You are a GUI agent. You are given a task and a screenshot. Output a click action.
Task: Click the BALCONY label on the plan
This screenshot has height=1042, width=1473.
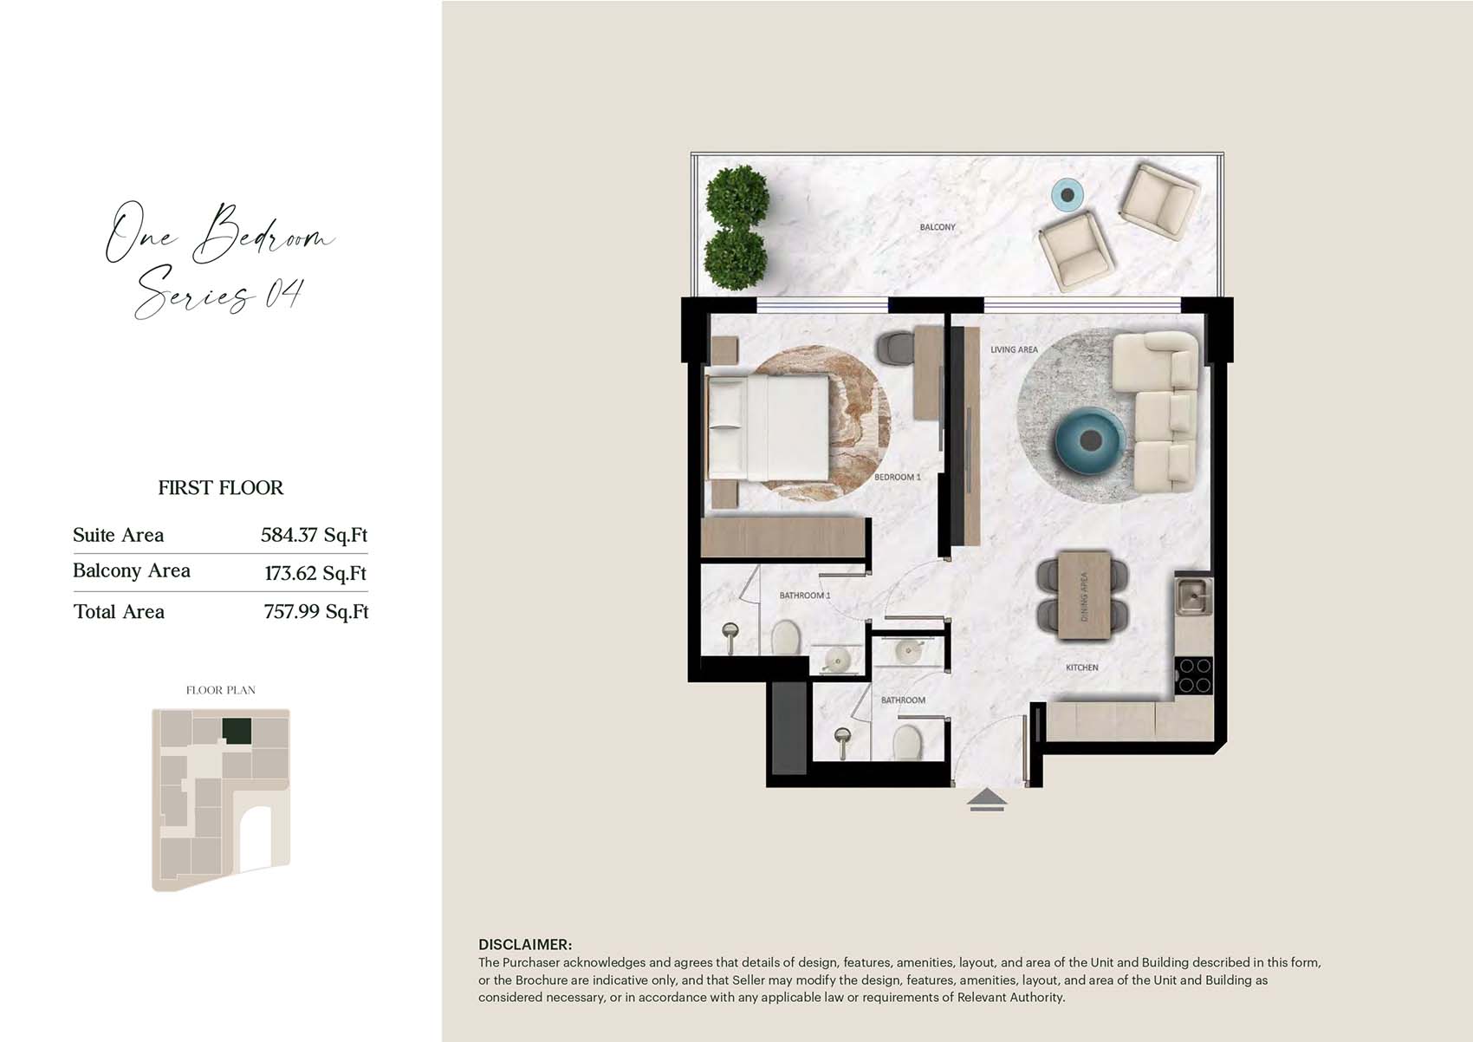(x=937, y=227)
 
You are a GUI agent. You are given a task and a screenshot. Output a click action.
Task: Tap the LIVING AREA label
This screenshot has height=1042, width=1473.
(x=1014, y=349)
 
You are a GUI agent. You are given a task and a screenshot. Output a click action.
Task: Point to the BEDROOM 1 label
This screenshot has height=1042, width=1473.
(x=898, y=477)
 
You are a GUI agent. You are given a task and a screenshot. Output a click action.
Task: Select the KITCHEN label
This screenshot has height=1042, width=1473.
(x=1081, y=667)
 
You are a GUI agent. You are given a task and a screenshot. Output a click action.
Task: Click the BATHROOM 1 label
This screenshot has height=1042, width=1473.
(x=805, y=596)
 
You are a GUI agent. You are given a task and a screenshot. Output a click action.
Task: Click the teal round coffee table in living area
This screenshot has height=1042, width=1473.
(x=1090, y=440)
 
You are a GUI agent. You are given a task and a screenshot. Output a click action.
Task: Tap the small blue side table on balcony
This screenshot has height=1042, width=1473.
(x=1067, y=195)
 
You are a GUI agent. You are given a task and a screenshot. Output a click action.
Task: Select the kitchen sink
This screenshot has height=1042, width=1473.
(x=1193, y=596)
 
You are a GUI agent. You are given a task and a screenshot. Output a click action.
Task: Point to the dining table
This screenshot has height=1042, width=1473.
(x=1084, y=595)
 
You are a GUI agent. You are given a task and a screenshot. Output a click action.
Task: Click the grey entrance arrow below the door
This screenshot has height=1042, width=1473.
(x=987, y=801)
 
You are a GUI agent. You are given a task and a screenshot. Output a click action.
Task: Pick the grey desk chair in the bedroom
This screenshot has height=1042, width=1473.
(x=896, y=348)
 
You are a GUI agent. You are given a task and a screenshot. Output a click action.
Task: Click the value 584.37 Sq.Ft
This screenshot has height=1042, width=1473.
(x=314, y=535)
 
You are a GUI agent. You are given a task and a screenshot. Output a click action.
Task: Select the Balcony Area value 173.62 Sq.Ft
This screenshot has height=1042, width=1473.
(x=315, y=573)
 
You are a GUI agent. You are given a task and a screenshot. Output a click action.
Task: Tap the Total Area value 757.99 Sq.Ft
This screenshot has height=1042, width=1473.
(x=316, y=612)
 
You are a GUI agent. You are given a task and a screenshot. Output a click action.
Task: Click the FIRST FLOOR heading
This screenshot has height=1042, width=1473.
(x=221, y=487)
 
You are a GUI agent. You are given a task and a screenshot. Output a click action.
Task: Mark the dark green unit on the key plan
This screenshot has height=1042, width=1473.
(x=237, y=731)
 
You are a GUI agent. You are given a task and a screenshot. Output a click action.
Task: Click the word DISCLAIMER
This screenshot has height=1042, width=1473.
(x=525, y=945)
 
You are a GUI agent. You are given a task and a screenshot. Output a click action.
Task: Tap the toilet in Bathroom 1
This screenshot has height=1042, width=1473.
(x=785, y=637)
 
